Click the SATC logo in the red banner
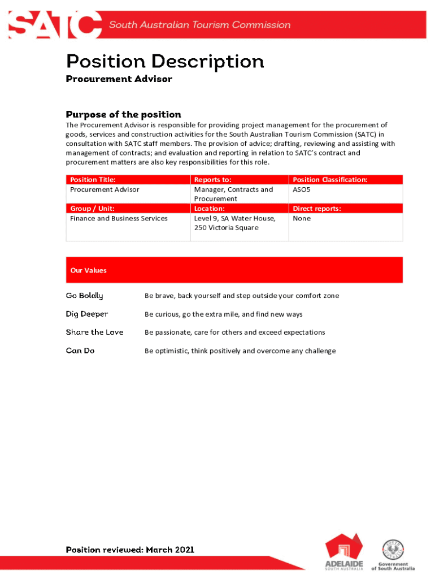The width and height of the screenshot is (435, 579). (55, 25)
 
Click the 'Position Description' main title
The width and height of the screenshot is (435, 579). (165, 61)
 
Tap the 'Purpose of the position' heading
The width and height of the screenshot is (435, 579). (123, 115)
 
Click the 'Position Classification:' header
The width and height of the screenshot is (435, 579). (330, 180)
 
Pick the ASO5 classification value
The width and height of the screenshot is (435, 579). (302, 190)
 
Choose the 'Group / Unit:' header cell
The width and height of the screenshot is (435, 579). (92, 209)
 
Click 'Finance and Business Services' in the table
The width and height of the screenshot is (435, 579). (119, 219)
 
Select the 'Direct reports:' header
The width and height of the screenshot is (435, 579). (317, 209)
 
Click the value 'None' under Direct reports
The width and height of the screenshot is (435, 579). (302, 219)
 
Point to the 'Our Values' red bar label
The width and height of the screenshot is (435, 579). (88, 270)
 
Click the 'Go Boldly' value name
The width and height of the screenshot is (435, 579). (84, 296)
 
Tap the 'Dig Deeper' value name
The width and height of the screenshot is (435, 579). (86, 314)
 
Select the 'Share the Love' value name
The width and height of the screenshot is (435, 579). (94, 332)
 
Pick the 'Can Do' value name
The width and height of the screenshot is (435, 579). (80, 351)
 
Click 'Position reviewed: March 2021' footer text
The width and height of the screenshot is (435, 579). (130, 550)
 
